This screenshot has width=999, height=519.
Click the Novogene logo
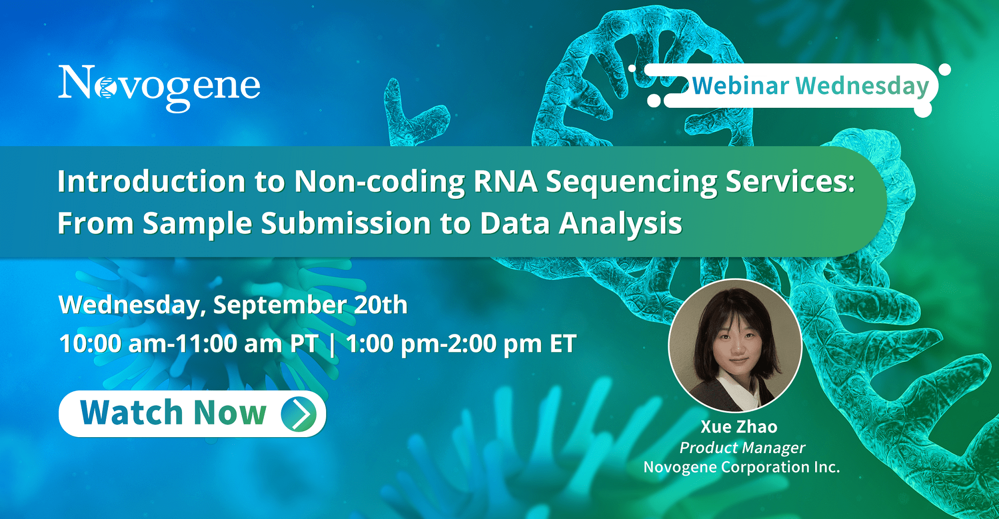[159, 88]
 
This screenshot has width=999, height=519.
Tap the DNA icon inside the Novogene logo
[106, 88]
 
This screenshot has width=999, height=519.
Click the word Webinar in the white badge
[741, 86]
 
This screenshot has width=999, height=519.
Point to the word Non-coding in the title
[380, 182]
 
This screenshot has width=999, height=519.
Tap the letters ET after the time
[563, 344]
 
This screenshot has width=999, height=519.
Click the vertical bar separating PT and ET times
[332, 345]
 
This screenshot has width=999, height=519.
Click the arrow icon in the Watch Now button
[299, 414]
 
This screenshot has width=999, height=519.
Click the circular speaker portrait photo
[735, 345]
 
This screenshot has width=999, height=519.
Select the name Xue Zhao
[739, 427]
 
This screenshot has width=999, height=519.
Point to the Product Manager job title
[742, 448]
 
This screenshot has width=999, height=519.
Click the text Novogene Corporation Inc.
[742, 467]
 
